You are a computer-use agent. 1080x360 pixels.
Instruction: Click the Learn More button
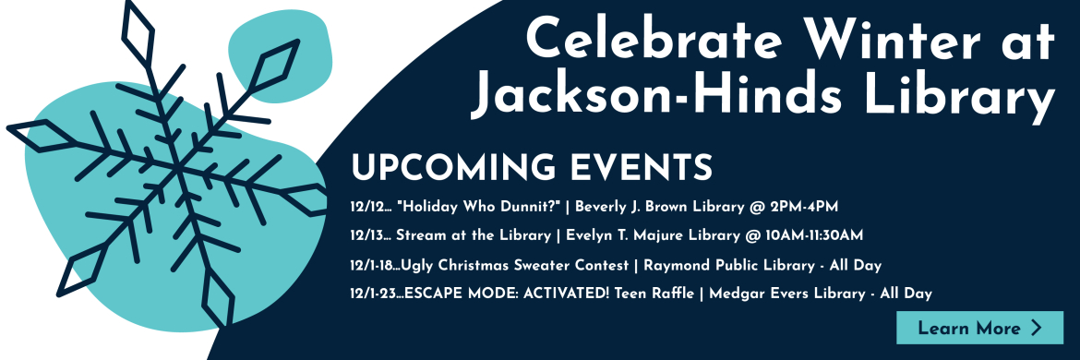[x=979, y=328]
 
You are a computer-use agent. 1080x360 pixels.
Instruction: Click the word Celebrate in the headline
[x=653, y=40]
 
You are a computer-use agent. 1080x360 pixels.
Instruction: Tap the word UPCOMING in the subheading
[x=454, y=167]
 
